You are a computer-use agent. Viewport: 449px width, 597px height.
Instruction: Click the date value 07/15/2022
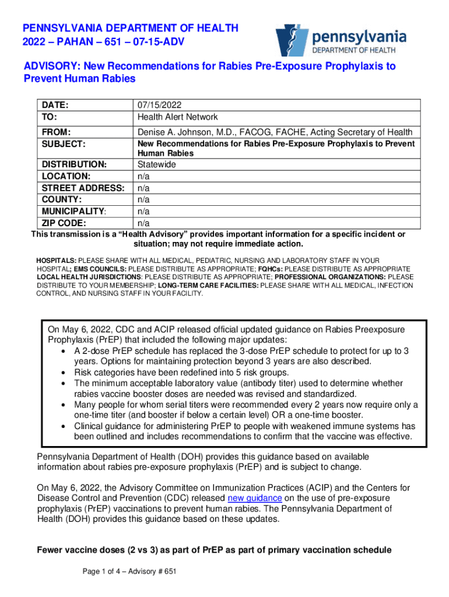(x=160, y=106)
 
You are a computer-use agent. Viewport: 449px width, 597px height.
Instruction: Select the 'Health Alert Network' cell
(x=178, y=117)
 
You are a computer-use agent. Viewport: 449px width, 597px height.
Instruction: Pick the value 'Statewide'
(x=156, y=164)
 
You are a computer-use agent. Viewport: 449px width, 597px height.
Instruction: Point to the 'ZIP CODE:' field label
(x=62, y=223)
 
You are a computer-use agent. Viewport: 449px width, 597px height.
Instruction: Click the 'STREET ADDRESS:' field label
(x=82, y=188)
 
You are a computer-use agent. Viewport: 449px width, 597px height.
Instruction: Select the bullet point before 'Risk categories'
(x=62, y=373)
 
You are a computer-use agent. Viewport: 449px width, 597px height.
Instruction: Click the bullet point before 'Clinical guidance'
(x=62, y=426)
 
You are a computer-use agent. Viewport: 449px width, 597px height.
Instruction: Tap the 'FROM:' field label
(x=55, y=132)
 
